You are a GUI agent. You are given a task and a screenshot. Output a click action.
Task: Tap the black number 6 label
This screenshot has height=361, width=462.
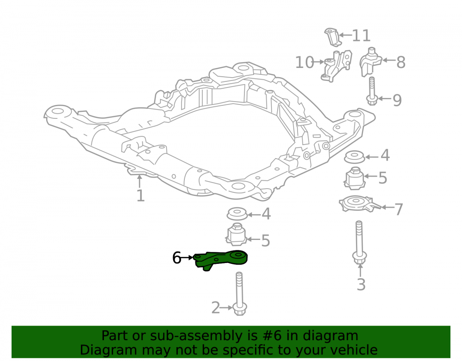click(176, 258)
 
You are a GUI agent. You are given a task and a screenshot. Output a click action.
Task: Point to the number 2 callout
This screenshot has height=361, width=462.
click(216, 308)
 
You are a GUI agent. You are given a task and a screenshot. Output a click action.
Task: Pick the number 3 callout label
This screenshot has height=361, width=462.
click(361, 284)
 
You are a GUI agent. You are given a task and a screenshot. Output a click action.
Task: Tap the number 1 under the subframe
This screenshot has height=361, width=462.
click(140, 196)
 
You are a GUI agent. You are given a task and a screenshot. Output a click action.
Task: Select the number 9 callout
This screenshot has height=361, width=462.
click(397, 100)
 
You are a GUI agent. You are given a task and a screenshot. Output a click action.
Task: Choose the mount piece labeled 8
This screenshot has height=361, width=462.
click(370, 62)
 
